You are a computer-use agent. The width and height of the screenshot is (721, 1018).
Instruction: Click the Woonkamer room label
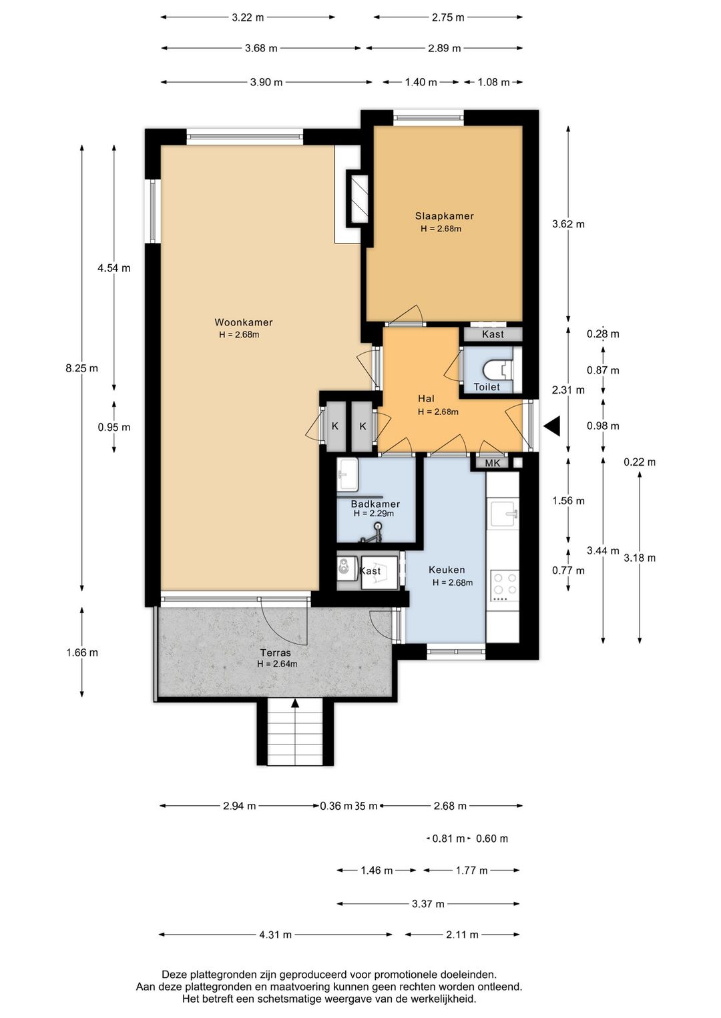pyautogui.click(x=244, y=322)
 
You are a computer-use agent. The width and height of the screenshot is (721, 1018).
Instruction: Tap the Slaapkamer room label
pyautogui.click(x=444, y=216)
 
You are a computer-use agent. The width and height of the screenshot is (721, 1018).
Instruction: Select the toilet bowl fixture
pyautogui.click(x=497, y=370)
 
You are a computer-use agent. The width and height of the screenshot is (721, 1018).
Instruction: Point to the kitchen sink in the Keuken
pyautogui.click(x=503, y=514)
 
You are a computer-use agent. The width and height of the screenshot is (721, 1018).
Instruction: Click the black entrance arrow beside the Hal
pyautogui.click(x=551, y=426)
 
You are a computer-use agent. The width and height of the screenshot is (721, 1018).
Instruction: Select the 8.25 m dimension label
pyautogui.click(x=82, y=368)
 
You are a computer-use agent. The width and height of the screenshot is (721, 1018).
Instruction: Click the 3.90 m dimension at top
pyautogui.click(x=266, y=82)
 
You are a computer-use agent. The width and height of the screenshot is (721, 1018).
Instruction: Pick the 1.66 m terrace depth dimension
pyautogui.click(x=82, y=652)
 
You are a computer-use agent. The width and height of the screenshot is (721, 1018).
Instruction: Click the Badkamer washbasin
pyautogui.click(x=348, y=474)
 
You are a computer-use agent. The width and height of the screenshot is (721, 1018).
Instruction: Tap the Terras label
pyautogui.click(x=276, y=653)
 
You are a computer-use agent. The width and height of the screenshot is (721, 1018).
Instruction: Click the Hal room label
pyautogui.click(x=426, y=398)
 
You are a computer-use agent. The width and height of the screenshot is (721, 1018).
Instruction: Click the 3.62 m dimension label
pyautogui.click(x=568, y=224)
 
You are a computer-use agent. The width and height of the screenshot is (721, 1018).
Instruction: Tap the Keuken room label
pyautogui.click(x=447, y=570)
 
